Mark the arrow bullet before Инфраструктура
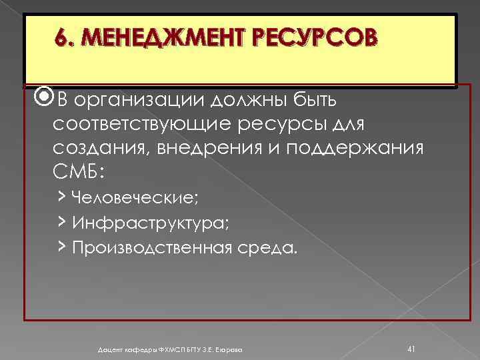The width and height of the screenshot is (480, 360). [60, 222]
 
